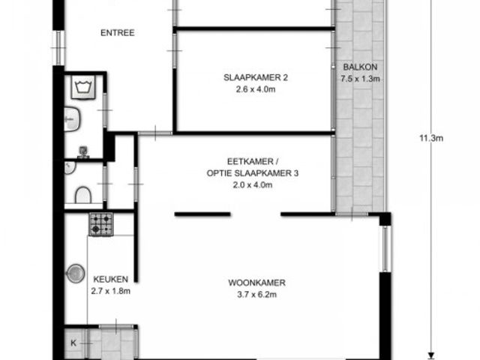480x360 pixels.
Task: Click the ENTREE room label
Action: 118,33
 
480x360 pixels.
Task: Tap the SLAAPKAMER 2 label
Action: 256,77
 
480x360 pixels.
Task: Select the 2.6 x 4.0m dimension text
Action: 256,89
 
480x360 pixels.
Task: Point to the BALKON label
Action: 360,67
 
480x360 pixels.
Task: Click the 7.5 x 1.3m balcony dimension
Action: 360,79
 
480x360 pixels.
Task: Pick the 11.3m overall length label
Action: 431,138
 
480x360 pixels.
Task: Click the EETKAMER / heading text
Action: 253,161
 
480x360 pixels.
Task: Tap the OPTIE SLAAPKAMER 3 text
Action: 253,173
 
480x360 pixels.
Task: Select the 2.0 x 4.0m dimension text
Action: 253,185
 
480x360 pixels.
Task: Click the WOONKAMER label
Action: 256,283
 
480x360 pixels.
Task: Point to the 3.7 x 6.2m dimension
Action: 256,295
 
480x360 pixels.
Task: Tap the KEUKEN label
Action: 110,279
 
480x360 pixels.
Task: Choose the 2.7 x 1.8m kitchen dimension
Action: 110,291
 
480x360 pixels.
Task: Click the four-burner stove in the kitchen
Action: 101,224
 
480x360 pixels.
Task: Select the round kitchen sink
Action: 76,273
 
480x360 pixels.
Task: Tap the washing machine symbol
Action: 83,87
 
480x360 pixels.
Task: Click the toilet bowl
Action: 83,195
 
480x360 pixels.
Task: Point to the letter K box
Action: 73,343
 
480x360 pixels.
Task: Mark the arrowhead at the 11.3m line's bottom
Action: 431,355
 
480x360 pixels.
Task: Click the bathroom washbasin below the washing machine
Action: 72,119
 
